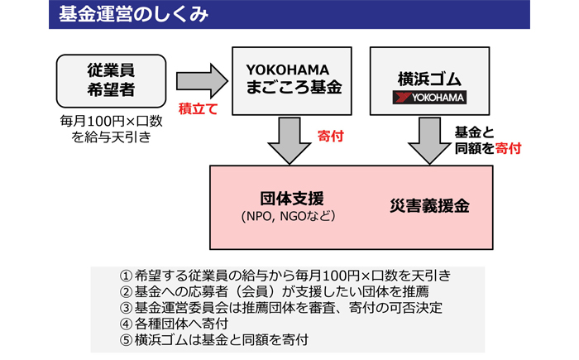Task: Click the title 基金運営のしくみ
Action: point(133,14)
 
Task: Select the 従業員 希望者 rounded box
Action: point(111,81)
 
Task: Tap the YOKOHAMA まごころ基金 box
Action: point(292,81)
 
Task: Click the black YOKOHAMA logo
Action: point(429,98)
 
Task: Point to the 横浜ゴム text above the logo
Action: point(429,79)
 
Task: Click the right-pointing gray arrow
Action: point(202,81)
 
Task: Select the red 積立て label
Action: point(199,109)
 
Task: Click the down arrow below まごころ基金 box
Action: point(289,141)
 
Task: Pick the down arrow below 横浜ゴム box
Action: point(429,141)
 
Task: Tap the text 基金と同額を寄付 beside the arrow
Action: point(488,141)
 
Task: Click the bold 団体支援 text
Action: point(292,199)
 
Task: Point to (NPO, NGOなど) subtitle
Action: point(289,216)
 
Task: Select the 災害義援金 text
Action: point(429,206)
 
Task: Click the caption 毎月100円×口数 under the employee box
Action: point(111,121)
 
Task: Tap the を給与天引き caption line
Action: point(111,137)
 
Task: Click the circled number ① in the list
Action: point(127,276)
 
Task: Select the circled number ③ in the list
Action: point(127,308)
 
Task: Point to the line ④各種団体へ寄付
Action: point(175,324)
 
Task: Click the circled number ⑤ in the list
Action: point(127,340)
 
